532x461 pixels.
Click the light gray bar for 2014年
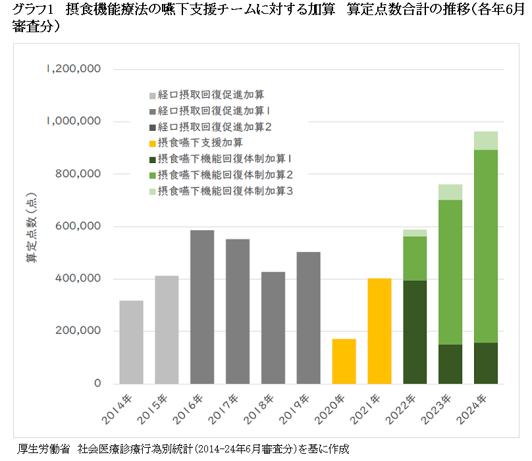coord(131,342)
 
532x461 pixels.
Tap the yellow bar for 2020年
coord(344,361)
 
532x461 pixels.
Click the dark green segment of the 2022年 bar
coord(415,332)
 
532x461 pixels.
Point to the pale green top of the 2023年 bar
coord(450,192)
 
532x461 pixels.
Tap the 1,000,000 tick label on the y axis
coord(74,122)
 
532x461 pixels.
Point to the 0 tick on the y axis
coord(97,383)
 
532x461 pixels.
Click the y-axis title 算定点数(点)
coord(31,226)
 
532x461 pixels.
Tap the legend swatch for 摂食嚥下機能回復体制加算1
coord(153,158)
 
